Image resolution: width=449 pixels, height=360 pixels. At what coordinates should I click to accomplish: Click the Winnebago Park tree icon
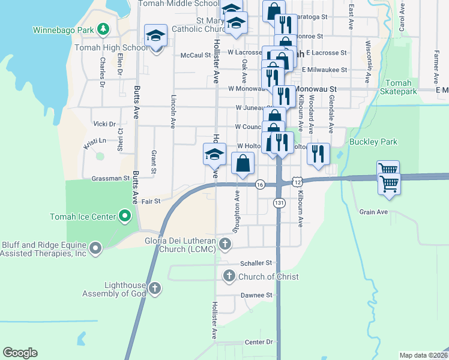pyautogui.click(x=104, y=29)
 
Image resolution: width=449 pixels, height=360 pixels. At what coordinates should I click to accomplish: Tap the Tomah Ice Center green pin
pyautogui.click(x=125, y=215)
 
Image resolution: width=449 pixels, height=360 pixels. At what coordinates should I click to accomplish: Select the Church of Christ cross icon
pyautogui.click(x=229, y=277)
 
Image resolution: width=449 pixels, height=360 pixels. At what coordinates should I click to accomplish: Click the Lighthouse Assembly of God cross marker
pyautogui.click(x=155, y=289)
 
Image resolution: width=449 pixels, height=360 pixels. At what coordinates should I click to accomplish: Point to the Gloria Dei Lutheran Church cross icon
pyautogui.click(x=225, y=244)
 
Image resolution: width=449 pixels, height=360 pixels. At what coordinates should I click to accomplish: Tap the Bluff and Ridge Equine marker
pyautogui.click(x=95, y=248)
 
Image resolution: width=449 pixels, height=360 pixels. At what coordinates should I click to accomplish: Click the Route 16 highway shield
pyautogui.click(x=260, y=184)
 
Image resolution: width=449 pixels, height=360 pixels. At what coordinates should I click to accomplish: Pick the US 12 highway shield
pyautogui.click(x=297, y=181)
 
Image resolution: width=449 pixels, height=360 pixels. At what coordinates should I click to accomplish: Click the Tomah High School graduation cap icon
pyautogui.click(x=156, y=35)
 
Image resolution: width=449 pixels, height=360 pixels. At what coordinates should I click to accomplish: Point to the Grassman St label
pyautogui.click(x=110, y=178)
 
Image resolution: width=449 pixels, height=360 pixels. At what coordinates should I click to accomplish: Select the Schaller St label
pyautogui.click(x=256, y=263)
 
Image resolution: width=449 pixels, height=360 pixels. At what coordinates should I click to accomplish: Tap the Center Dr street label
pyautogui.click(x=259, y=342)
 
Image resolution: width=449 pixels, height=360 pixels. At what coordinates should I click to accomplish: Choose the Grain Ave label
pyautogui.click(x=373, y=212)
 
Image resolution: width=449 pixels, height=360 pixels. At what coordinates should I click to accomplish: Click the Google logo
pyautogui.click(x=20, y=352)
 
